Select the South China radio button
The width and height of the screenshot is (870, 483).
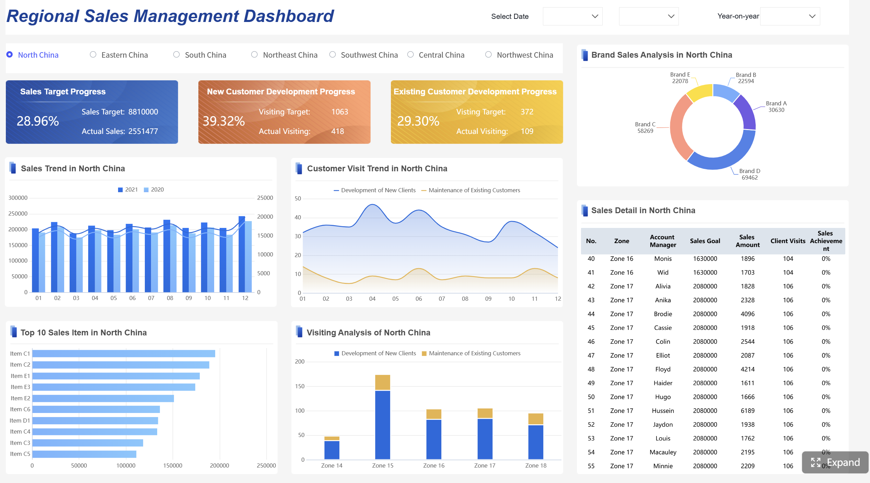point(176,55)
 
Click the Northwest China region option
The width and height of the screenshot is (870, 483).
point(489,55)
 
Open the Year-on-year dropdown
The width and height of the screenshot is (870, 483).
point(790,16)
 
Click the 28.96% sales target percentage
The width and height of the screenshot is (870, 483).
point(38,121)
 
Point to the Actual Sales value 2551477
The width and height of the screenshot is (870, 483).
point(143,131)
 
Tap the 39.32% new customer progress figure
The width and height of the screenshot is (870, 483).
point(223,121)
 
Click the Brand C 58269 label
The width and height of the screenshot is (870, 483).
point(645,128)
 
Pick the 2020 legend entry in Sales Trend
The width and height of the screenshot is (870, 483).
point(154,190)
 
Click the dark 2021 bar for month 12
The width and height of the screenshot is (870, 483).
point(242,254)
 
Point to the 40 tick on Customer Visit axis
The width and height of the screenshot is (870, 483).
point(298,217)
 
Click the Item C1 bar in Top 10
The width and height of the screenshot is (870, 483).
point(124,354)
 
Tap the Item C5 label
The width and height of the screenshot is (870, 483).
point(20,454)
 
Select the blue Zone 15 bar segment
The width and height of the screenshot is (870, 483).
point(382,425)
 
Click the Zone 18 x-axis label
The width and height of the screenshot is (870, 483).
point(535,465)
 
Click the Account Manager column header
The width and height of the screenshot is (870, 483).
point(663,241)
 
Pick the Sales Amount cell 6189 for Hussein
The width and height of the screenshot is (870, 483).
point(747,411)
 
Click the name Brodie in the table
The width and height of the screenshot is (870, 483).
point(663,314)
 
